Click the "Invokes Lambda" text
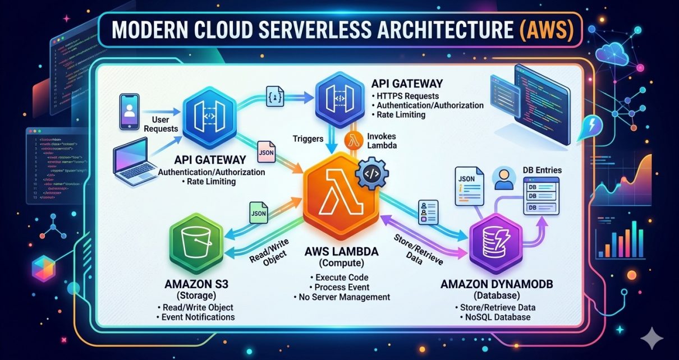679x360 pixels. (384, 141)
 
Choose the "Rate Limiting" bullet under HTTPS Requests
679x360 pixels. (401, 114)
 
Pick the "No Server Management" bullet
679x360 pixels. (342, 297)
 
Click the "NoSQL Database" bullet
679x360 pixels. (497, 318)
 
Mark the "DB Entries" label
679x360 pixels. (541, 170)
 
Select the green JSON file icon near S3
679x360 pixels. (257, 214)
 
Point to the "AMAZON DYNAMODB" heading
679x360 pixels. (497, 285)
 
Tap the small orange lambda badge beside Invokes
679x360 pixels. (352, 141)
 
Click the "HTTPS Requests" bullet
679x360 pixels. (406, 95)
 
